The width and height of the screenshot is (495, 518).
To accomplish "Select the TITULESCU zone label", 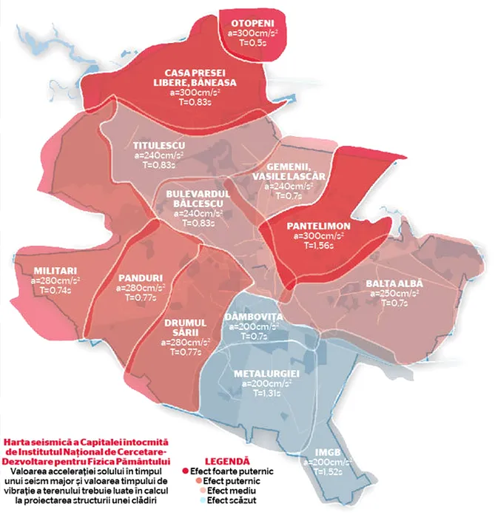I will tap(158, 144).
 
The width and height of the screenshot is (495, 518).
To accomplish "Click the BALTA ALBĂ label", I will tap(393, 284).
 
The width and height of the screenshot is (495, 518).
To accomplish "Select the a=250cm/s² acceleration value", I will tap(393, 295).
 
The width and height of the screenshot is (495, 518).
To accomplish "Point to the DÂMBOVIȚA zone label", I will tap(253, 316).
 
